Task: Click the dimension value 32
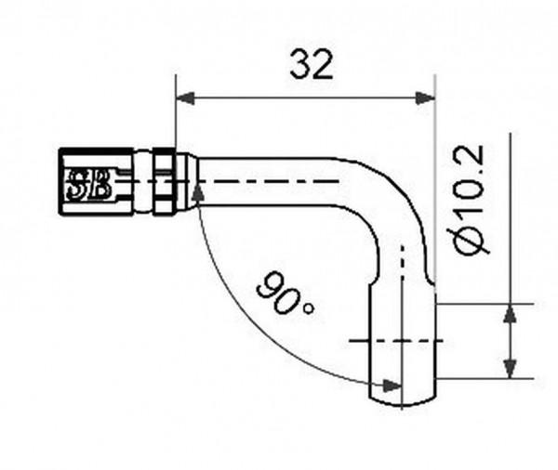coord(311,65)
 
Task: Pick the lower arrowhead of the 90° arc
coord(392,385)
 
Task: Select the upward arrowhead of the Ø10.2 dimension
coord(510,313)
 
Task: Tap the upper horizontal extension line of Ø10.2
coord(484,304)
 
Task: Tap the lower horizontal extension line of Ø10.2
coord(484,378)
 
